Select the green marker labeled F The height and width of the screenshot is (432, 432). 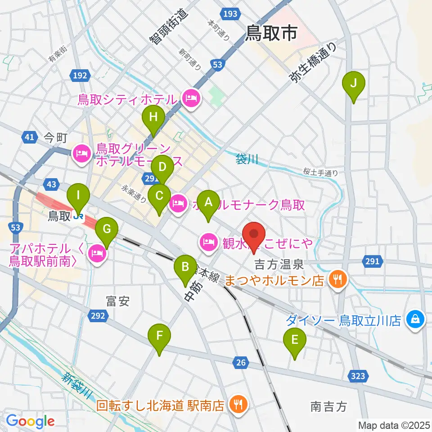point(160,336)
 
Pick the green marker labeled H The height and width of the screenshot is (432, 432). point(153,118)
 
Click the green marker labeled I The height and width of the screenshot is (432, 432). point(79,196)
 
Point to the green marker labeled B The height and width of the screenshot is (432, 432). point(185,266)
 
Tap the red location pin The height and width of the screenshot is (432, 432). point(254,235)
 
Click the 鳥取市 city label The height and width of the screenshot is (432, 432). point(271,33)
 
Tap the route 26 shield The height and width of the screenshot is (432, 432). point(241,361)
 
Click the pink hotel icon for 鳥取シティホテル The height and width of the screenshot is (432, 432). point(191,99)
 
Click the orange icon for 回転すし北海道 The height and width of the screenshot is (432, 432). point(236,405)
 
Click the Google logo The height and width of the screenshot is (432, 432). point(31,421)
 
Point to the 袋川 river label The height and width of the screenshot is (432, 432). point(247,159)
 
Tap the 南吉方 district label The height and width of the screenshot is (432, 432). point(328,406)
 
